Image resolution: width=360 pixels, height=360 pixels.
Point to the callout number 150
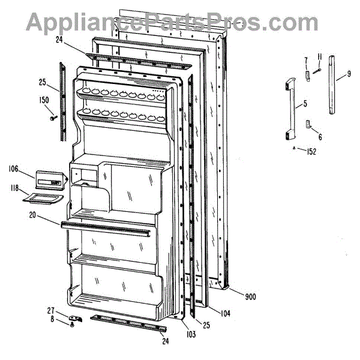(x=44, y=100)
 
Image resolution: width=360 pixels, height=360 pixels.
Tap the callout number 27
(x=50, y=310)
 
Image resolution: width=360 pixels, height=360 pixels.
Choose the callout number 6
(x=320, y=137)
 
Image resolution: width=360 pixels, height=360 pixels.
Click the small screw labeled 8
(x=72, y=324)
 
